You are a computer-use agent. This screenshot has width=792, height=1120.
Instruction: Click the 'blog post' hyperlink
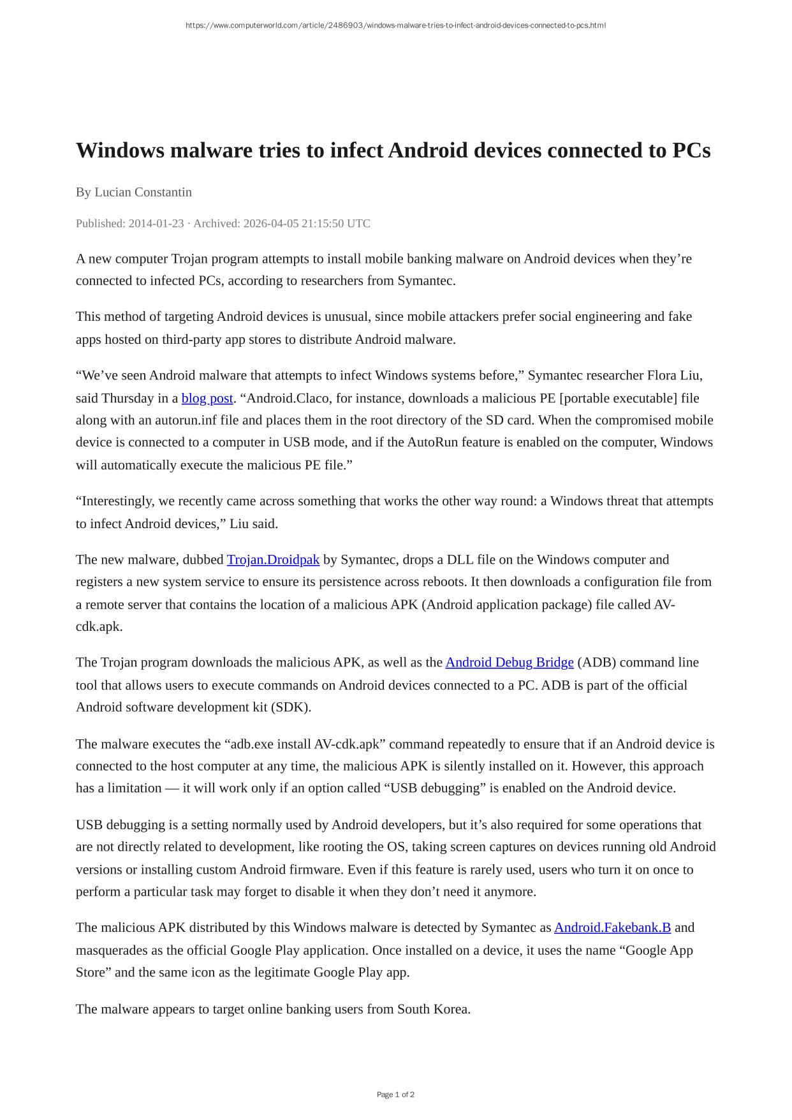207,399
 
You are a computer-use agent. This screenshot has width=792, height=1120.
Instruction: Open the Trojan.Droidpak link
273,560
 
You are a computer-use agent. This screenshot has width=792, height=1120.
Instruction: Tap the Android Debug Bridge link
509,663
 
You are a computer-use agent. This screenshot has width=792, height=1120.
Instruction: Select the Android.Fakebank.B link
612,928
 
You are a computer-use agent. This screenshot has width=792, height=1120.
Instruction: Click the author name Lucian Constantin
143,192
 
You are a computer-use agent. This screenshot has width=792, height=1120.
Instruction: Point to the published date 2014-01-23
156,224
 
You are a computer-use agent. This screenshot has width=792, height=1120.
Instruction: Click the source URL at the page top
395,26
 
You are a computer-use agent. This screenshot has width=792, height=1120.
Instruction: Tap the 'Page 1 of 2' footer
395,1094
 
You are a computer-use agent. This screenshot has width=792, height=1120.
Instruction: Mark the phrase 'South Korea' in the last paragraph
433,1010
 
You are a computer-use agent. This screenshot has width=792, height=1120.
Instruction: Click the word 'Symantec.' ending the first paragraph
427,281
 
